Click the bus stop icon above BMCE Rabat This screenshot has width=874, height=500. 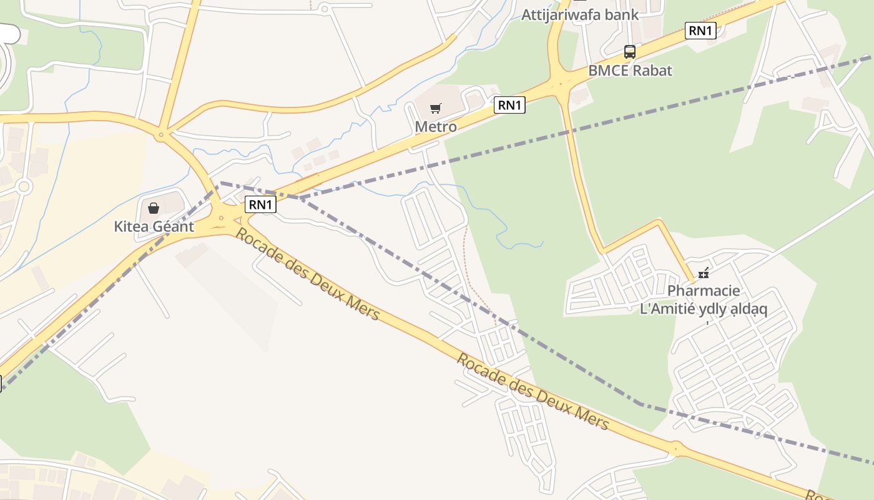[630, 52]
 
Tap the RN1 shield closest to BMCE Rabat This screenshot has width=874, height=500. [700, 31]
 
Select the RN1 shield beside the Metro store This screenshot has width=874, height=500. [509, 106]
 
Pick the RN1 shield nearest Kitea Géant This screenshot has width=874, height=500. [260, 204]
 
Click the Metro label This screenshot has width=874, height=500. [436, 127]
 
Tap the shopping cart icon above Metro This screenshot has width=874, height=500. [436, 109]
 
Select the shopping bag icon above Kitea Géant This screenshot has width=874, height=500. [154, 207]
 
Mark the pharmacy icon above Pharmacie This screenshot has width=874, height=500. [704, 272]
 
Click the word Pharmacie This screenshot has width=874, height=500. [704, 291]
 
